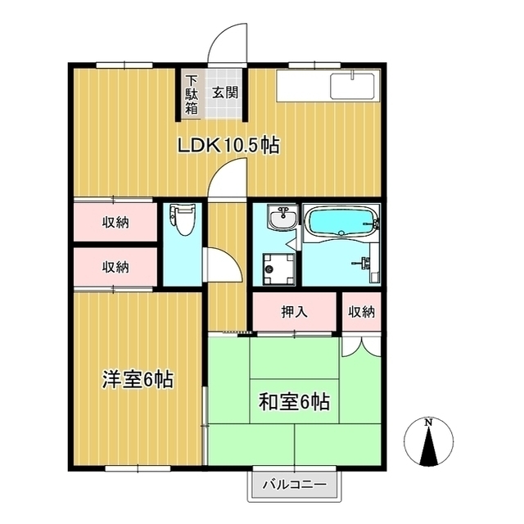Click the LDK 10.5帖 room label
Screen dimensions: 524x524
click(230, 146)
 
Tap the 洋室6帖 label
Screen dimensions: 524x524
click(137, 380)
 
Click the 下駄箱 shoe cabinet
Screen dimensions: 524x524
click(191, 94)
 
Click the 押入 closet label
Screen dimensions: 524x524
click(294, 311)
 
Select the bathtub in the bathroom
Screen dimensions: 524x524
click(341, 221)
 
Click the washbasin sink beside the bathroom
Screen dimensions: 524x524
click(282, 219)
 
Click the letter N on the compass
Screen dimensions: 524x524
click(428, 422)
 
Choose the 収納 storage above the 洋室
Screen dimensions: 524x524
click(115, 266)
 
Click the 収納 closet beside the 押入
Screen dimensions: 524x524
click(361, 311)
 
